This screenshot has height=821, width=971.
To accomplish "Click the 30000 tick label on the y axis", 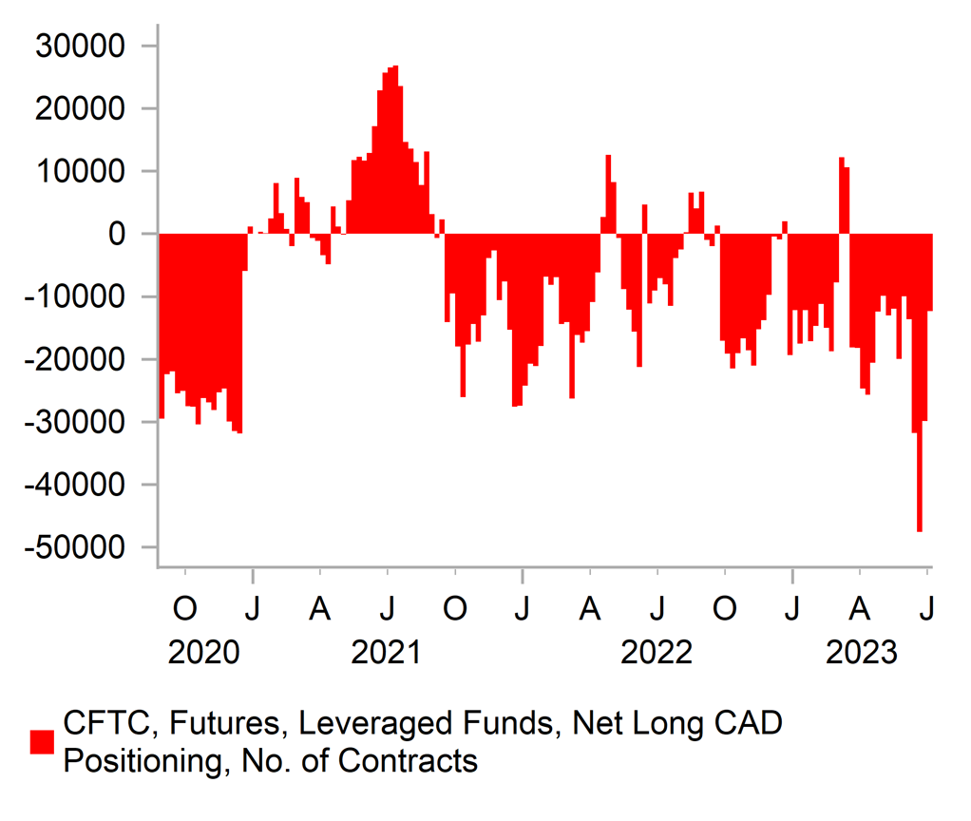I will [81, 46].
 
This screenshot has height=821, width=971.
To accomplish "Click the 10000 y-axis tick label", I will [81, 171].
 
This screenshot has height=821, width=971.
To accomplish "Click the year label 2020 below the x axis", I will [203, 654].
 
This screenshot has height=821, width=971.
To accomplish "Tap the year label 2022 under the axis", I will [657, 654].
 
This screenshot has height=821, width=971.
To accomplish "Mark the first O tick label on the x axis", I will [185, 607].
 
